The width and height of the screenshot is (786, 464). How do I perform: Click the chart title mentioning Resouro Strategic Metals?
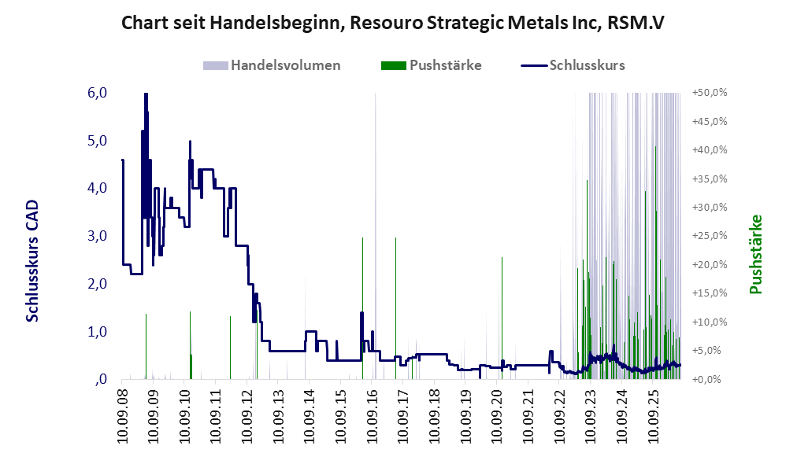[x=393, y=23]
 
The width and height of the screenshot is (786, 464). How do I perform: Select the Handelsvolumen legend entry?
[x=272, y=65]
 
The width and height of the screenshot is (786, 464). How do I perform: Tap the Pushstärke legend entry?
[x=431, y=65]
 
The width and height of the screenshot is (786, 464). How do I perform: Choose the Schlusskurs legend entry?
[x=573, y=65]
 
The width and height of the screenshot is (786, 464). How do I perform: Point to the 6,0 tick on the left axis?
[x=97, y=93]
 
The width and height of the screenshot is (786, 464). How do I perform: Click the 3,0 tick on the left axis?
[x=97, y=236]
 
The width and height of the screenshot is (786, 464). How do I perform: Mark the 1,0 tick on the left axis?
[x=97, y=331]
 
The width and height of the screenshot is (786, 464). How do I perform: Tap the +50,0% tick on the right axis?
[x=710, y=93]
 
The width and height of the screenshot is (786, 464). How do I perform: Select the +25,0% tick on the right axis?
[x=710, y=236]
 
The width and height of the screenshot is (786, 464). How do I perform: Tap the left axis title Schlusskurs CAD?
[x=32, y=261]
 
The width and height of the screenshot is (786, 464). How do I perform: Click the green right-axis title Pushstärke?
[x=756, y=254]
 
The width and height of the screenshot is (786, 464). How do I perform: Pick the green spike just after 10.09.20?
[x=502, y=319]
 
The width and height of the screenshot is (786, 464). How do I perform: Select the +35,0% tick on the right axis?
[x=710, y=179]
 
